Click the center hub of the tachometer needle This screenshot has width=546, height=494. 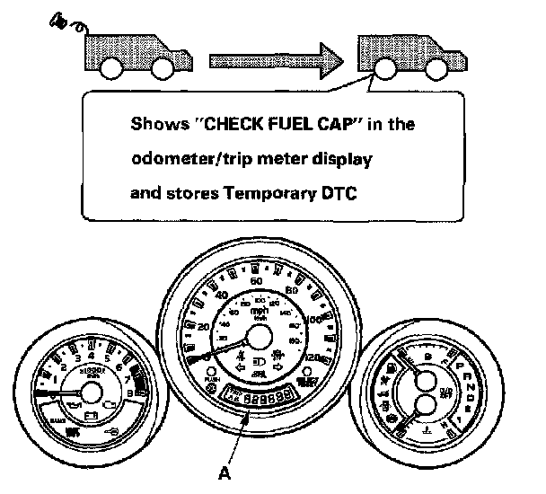tap(89, 392)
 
